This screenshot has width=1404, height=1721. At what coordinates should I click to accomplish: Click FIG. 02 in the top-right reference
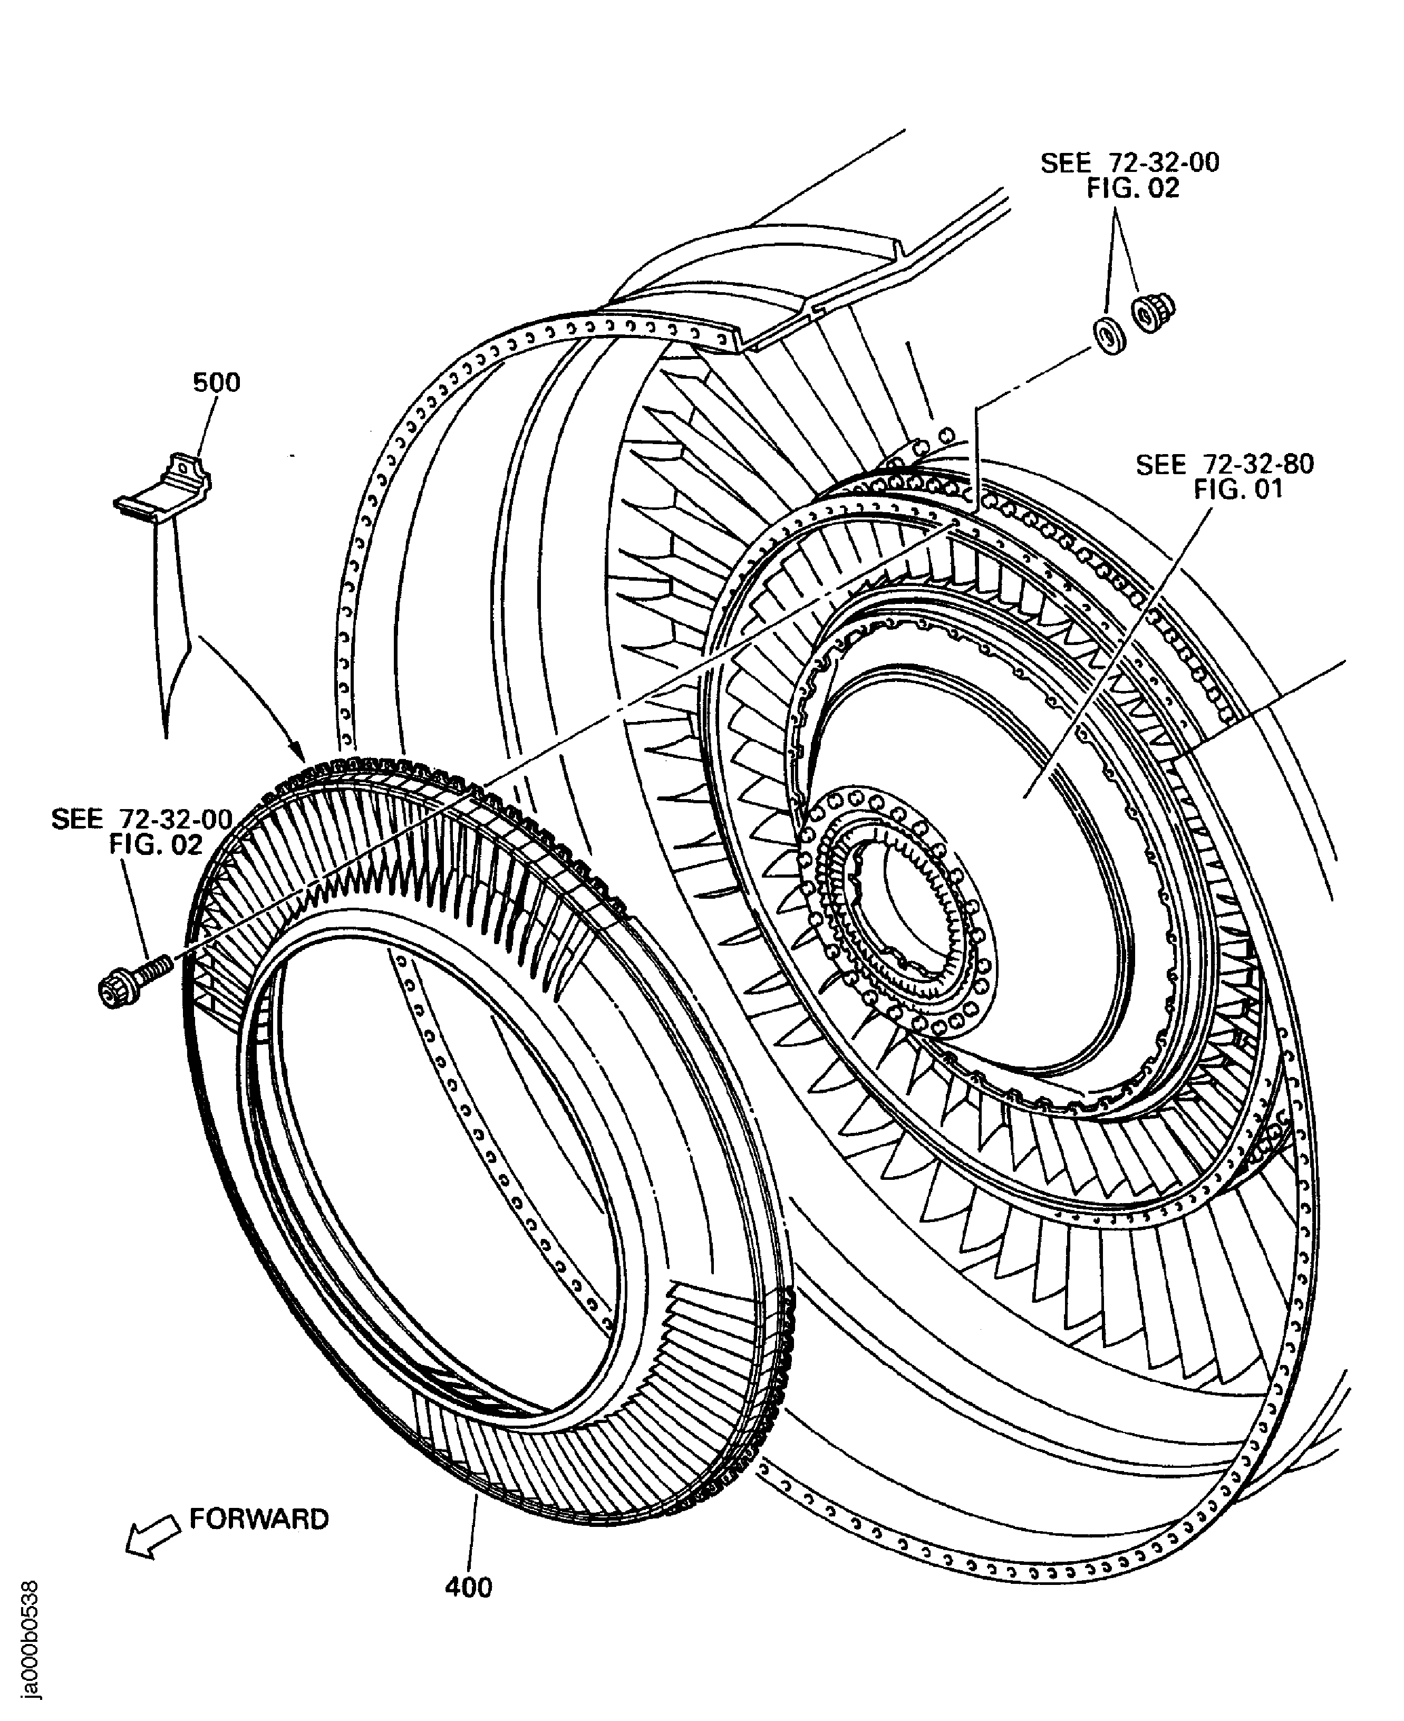pos(1132,188)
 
